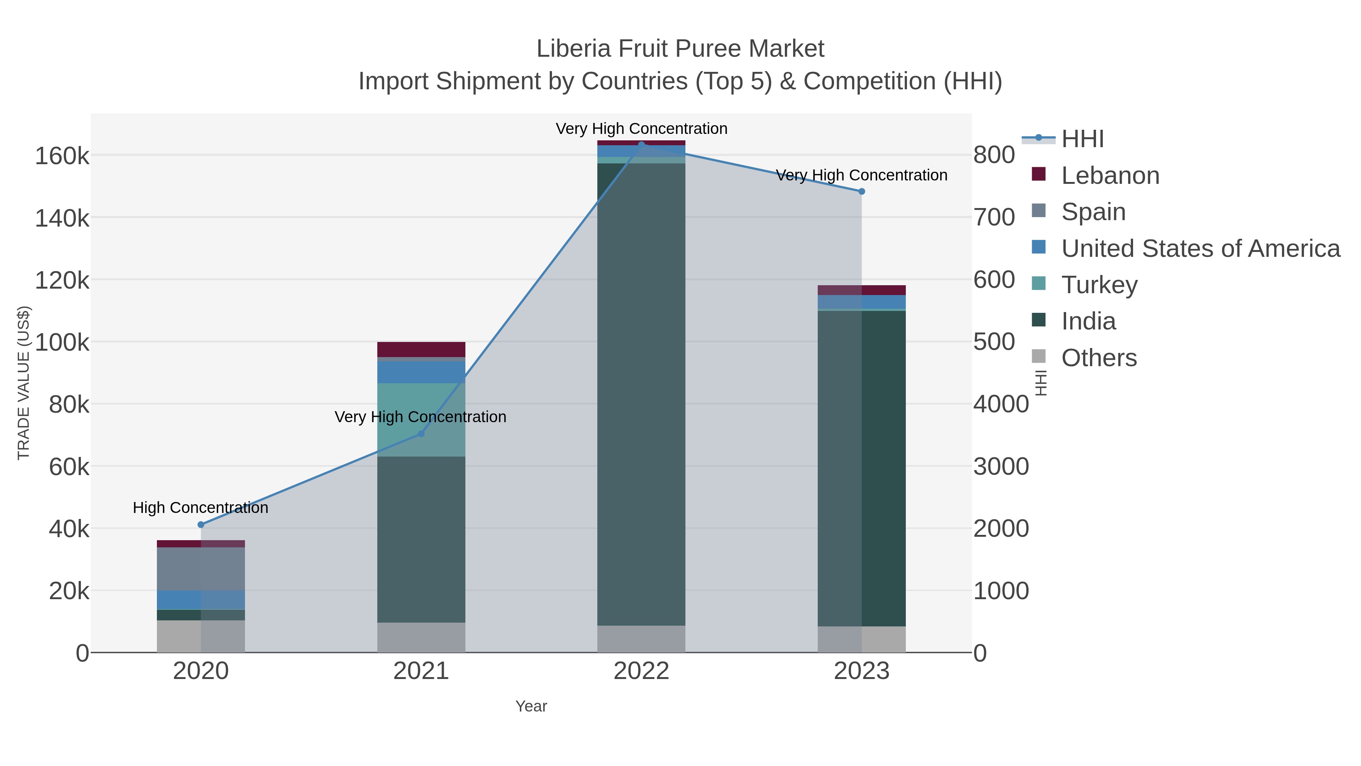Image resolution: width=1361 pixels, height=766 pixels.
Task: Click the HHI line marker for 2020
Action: point(201,524)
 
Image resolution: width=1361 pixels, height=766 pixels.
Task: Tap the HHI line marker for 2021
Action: point(421,433)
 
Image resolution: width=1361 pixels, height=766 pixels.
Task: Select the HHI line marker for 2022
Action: point(642,144)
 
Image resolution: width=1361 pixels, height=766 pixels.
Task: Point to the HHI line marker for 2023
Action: point(862,191)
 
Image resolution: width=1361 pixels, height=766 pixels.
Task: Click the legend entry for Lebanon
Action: point(1110,176)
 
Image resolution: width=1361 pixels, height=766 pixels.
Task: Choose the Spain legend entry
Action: point(1093,212)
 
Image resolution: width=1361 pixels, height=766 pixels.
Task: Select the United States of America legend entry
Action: point(1199,249)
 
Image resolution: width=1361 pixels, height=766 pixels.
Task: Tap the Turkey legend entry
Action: point(1099,285)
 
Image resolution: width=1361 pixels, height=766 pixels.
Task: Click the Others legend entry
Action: point(1098,358)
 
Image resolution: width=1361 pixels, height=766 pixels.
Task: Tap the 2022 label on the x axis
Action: point(642,671)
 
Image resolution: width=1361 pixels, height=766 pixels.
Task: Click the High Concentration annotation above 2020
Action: point(200,508)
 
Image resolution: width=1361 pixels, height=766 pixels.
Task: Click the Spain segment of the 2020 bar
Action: point(201,569)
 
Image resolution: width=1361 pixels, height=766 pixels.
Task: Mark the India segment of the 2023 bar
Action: point(862,468)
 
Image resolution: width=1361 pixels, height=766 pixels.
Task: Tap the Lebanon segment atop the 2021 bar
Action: point(421,350)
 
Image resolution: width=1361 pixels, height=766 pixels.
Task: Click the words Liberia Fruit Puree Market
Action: point(680,49)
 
